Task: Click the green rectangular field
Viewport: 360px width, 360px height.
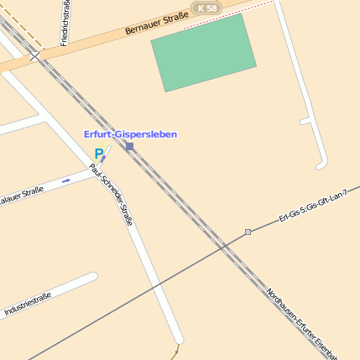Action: tap(203, 52)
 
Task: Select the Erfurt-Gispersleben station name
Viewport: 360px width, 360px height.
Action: tap(130, 134)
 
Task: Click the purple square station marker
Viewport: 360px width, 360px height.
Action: tap(129, 146)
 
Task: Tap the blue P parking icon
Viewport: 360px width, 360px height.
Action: tap(99, 154)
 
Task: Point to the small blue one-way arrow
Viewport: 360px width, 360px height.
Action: tap(66, 180)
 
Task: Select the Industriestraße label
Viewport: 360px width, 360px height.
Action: tap(29, 305)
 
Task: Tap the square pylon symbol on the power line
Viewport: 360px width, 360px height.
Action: tap(248, 232)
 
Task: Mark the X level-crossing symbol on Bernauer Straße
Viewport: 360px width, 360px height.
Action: tap(34, 57)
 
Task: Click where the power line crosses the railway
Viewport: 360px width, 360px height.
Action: tap(224, 245)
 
